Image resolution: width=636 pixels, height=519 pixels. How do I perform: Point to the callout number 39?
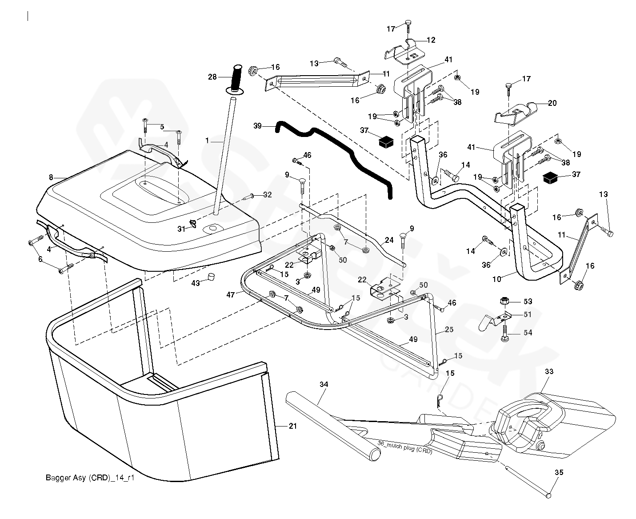(258, 126)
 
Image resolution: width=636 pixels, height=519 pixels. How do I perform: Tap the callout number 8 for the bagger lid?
(51, 177)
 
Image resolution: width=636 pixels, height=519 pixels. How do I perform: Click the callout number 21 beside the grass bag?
(292, 426)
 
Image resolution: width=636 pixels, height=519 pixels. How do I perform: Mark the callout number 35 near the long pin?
(559, 473)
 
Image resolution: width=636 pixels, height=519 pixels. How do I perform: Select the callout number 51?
(528, 314)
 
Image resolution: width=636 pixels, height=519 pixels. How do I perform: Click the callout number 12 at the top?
(431, 40)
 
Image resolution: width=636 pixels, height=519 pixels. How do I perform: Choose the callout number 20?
(552, 103)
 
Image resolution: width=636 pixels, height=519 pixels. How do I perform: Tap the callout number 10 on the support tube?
(497, 279)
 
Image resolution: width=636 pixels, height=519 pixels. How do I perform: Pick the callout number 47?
(230, 294)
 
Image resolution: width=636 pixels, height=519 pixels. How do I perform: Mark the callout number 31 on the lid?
(181, 229)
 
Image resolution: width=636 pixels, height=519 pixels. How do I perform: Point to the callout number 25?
(449, 330)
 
